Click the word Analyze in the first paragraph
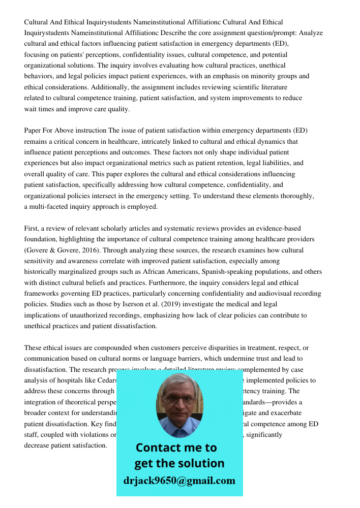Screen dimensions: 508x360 [x=311, y=33]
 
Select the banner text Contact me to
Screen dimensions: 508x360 [x=176, y=448]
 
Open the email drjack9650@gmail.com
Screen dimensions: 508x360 [x=179, y=481]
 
